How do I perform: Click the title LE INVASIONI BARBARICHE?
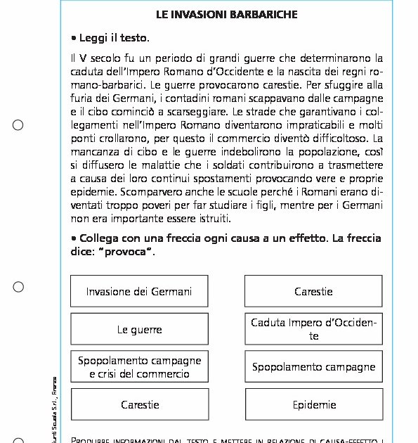226,14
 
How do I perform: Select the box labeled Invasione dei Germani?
139,291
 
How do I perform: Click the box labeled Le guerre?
139,329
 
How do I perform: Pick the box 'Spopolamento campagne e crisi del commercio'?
139,367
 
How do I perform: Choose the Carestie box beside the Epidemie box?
139,404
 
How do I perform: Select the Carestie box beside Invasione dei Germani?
313,291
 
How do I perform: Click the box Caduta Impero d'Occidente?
313,329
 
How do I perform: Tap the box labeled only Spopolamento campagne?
313,367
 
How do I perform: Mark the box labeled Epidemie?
313,404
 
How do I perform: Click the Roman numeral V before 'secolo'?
86,58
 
